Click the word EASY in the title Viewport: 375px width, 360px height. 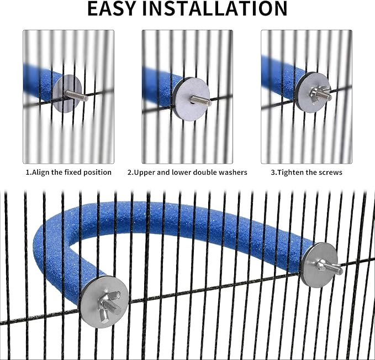coord(112,9)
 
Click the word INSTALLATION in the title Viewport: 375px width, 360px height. coord(215,9)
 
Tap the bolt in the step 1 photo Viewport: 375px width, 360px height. coord(76,96)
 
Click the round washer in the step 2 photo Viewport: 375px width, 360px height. coord(191,99)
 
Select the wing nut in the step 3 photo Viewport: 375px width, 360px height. coord(318,94)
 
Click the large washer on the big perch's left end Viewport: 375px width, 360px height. coord(104,302)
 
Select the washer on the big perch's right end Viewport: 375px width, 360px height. coord(320,264)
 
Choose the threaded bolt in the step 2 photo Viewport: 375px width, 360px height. coord(201,101)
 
